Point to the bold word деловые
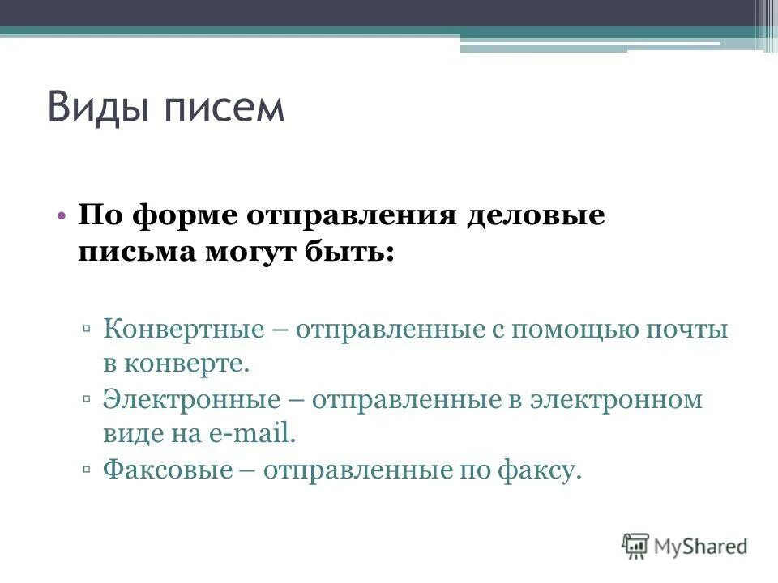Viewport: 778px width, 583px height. (x=535, y=217)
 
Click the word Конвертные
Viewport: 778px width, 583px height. (x=185, y=330)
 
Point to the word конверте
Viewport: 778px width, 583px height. (x=186, y=364)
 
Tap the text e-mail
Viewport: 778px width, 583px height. (x=253, y=434)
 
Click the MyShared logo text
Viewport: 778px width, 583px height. (x=701, y=546)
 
